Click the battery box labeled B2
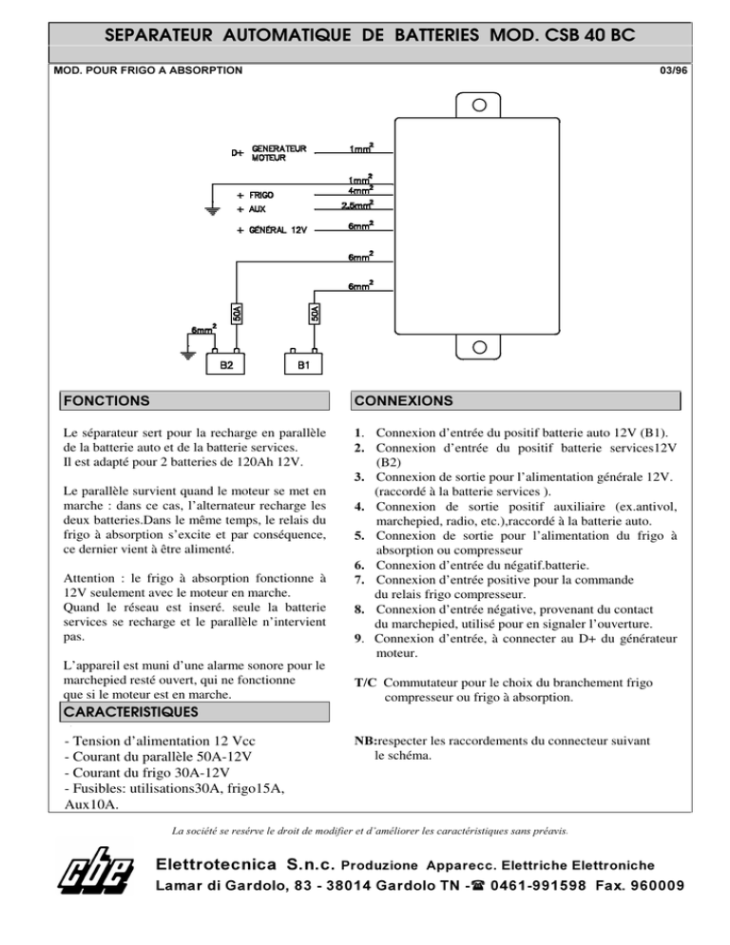tap(227, 364)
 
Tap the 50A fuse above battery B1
tap(315, 313)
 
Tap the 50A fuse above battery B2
tap(237, 313)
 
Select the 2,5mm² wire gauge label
tap(356, 203)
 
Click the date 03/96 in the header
tap(670, 70)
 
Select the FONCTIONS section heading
tap(105, 401)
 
